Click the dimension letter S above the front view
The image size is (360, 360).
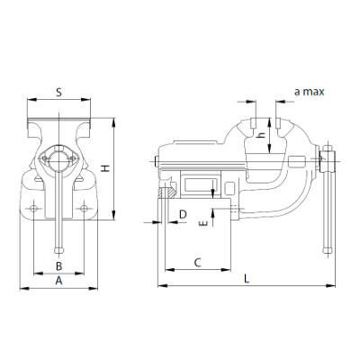point(58,92)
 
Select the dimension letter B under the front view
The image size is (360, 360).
point(58,265)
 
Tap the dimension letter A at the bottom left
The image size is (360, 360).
point(58,281)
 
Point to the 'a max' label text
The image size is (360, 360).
point(308,92)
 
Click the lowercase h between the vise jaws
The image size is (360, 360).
point(259,136)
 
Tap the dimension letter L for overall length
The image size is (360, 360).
point(247,280)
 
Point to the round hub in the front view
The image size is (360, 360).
point(59,162)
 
